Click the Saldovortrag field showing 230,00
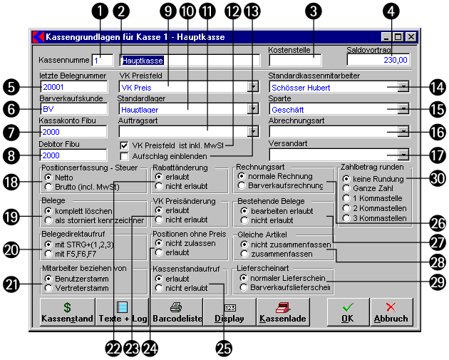(388, 61)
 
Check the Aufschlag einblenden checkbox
(125, 155)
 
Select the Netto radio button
(48, 178)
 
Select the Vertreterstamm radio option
(48, 288)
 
